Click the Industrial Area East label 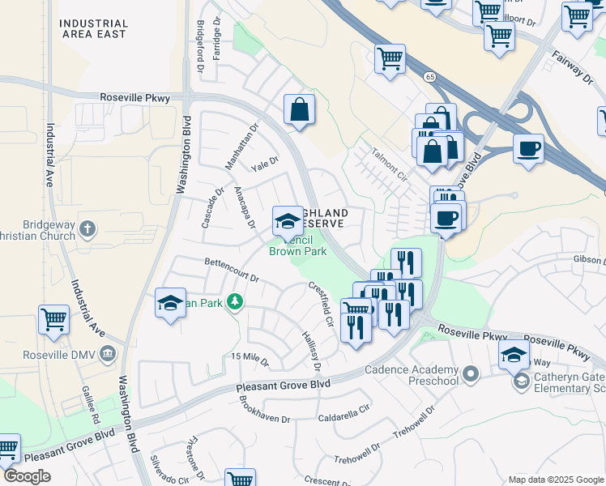pyautogui.click(x=93, y=28)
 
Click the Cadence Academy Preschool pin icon pyautogui.click(x=472, y=373)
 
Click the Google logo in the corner pyautogui.click(x=27, y=476)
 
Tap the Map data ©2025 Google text pyautogui.click(x=555, y=480)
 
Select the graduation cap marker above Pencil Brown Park pyautogui.click(x=288, y=220)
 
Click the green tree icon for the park pyautogui.click(x=235, y=302)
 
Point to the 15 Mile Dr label pyautogui.click(x=250, y=356)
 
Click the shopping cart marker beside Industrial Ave pyautogui.click(x=53, y=319)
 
